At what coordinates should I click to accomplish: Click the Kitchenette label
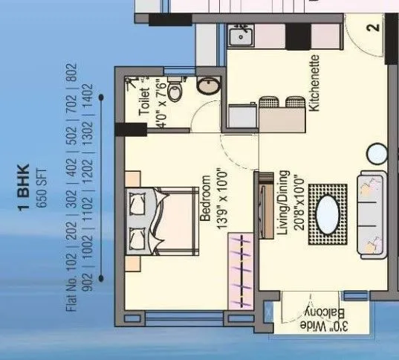coord(314,83)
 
